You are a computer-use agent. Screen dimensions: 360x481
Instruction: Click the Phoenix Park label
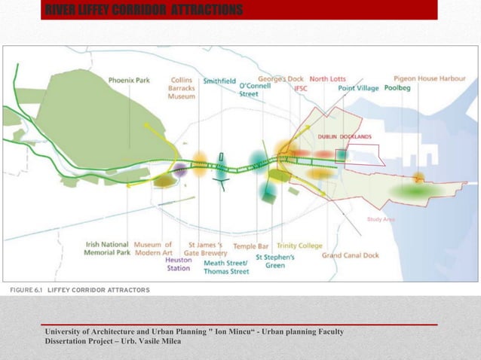130,80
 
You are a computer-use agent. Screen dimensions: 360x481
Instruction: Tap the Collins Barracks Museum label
182,88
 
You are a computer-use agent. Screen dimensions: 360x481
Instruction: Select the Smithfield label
219,80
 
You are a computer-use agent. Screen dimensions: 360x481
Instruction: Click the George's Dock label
280,78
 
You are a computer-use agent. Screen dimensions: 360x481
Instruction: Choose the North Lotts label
327,78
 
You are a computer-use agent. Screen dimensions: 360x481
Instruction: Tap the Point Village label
358,88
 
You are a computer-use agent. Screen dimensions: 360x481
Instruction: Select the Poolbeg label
397,88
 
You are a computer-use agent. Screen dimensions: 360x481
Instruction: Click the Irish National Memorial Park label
108,249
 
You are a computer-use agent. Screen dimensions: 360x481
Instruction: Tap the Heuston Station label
178,264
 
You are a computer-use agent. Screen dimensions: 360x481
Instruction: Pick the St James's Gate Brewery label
205,249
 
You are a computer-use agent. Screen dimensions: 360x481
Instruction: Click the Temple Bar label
250,246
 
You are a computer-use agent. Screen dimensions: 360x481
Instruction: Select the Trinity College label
299,246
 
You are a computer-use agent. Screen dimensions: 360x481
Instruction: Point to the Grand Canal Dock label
350,255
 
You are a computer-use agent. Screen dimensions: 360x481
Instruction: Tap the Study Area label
381,219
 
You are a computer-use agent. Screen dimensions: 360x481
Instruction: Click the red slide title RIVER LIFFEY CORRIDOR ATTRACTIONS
144,10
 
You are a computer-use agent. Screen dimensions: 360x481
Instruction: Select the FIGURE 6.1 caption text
79,290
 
